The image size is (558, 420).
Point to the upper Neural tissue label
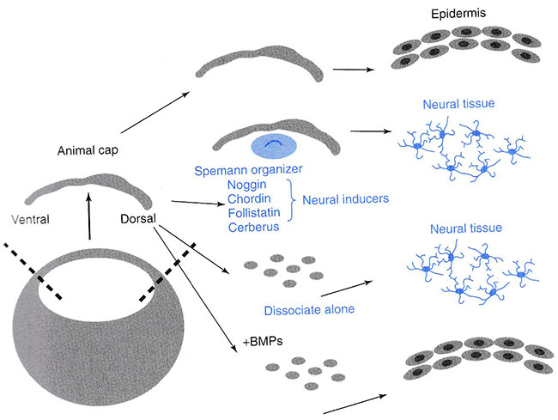(x=458, y=105)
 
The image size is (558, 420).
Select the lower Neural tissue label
(x=458, y=230)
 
